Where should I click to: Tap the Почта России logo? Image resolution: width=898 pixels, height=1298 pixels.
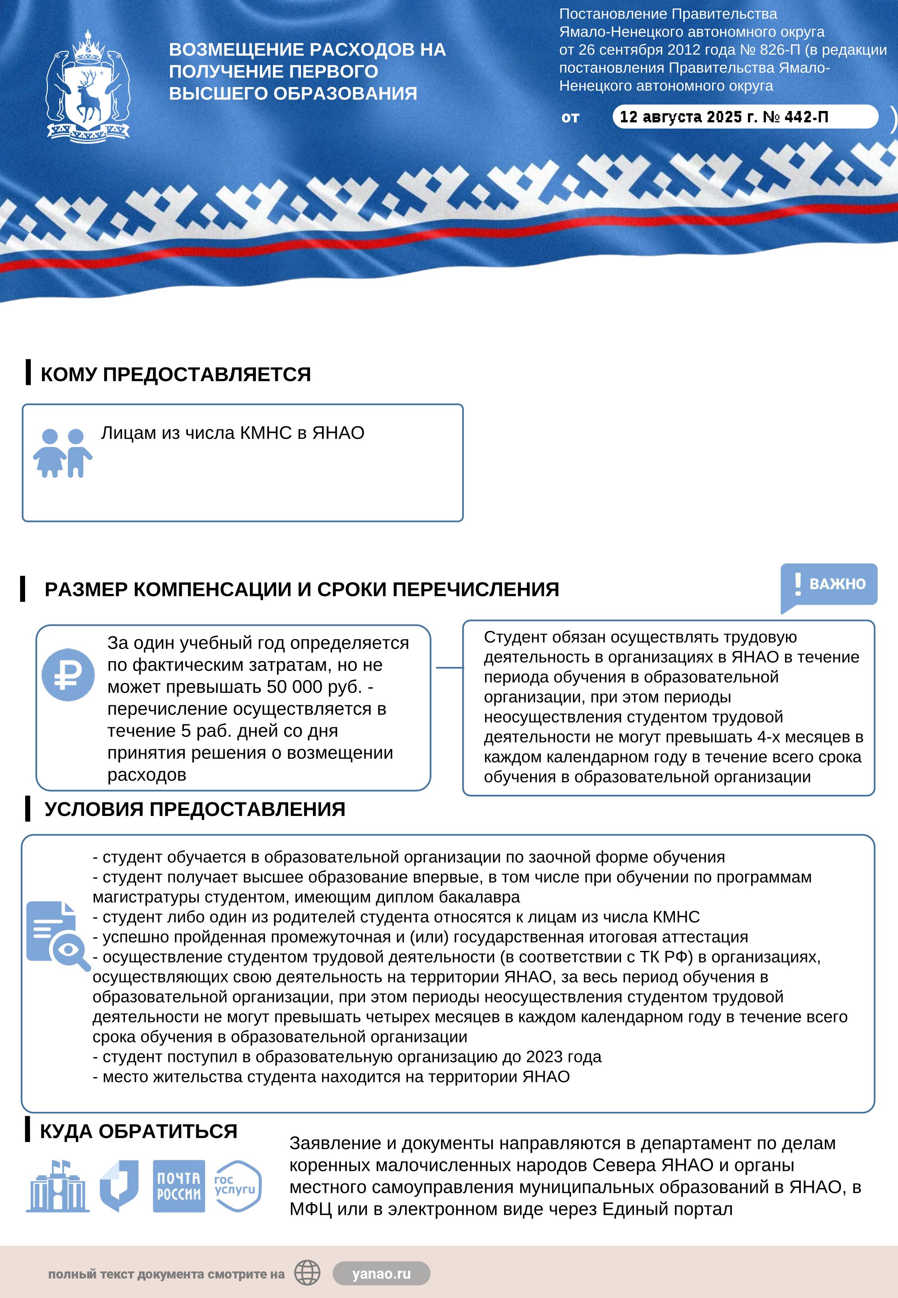point(179,1186)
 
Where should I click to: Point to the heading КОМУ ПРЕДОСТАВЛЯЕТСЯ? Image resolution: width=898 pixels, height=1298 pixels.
point(176,374)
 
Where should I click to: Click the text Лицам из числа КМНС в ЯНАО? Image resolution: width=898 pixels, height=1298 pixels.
point(232,433)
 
